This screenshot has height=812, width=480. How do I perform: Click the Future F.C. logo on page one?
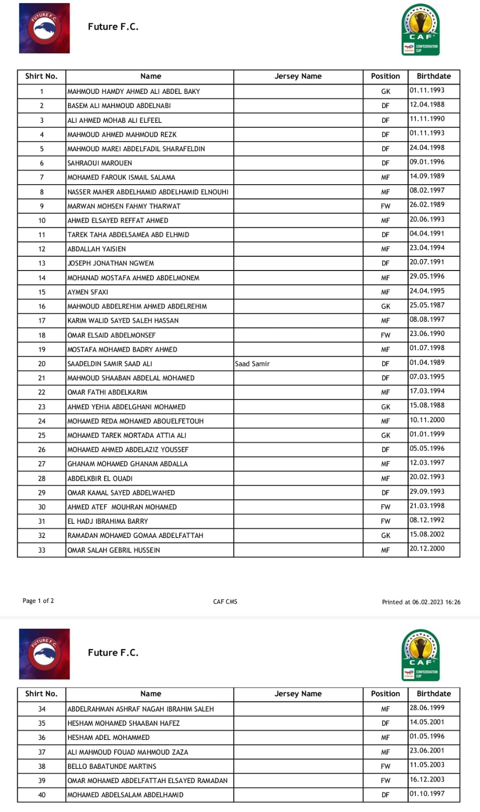tap(44, 28)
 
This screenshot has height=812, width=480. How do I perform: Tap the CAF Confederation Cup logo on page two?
tap(420, 654)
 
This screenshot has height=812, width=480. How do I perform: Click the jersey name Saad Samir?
tap(252, 364)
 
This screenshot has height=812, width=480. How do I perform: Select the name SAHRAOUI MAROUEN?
tap(99, 163)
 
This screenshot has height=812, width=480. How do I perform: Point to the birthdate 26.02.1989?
tap(427, 205)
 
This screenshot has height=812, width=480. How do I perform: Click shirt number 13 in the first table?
tap(42, 263)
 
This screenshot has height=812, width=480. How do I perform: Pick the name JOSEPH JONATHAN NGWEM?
tap(111, 263)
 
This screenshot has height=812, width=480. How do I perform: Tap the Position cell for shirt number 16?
tap(385, 307)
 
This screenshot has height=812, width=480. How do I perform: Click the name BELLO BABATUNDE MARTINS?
tap(112, 766)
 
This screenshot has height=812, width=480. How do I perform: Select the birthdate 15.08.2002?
tap(427, 534)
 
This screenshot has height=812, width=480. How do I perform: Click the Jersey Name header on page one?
tap(298, 76)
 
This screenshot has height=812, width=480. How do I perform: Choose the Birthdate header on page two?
tap(433, 694)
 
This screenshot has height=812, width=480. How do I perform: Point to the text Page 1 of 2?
tap(38, 601)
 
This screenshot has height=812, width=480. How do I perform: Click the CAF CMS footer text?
tap(225, 602)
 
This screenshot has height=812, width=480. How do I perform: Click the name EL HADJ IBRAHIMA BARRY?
tap(108, 521)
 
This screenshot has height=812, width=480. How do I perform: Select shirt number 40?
tap(42, 795)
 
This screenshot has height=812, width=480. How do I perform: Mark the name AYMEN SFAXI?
tap(88, 292)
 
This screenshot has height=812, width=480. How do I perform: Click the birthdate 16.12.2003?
tap(427, 780)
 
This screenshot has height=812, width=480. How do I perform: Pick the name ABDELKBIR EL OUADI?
tap(100, 479)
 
